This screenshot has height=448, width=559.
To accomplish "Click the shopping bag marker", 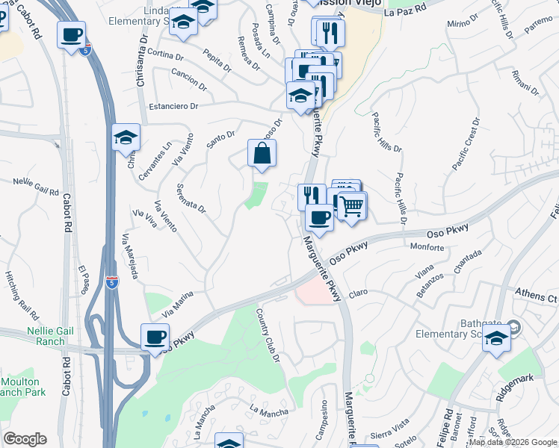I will pos(262,155).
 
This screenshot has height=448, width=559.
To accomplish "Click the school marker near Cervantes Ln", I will pos(126,138).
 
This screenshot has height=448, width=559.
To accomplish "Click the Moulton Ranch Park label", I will pos(22,387).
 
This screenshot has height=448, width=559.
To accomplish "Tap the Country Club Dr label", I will pos(267,326).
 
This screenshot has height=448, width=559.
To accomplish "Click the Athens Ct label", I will pos(537,299).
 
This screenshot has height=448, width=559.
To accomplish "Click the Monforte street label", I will pos(427,246).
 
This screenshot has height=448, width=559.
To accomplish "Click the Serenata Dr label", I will pos(191,198).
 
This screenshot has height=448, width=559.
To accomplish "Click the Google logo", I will pos(25,439).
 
